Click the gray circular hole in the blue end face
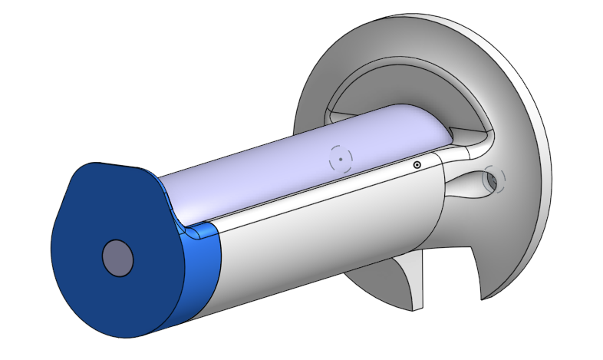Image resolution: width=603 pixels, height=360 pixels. pyautogui.click(x=118, y=258)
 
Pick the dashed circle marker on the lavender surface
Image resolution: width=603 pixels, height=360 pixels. pyautogui.click(x=341, y=158)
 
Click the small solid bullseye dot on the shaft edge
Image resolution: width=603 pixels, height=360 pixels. pyautogui.click(x=417, y=164)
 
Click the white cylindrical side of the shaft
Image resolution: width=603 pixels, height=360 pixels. pyautogui.click(x=322, y=230)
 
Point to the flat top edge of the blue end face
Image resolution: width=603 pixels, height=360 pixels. pyautogui.click(x=115, y=165)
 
